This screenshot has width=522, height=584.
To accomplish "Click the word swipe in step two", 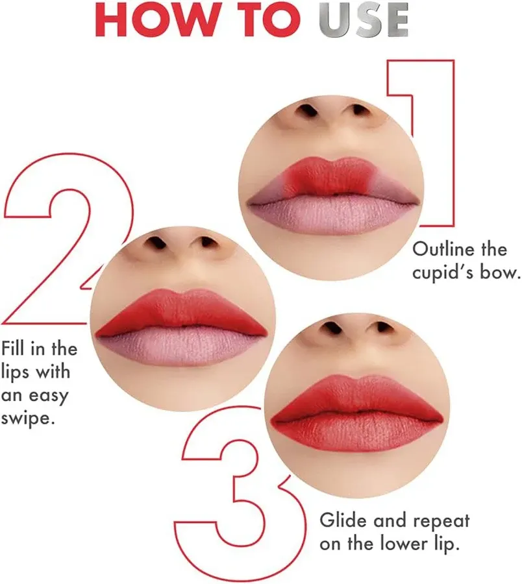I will pyautogui.click(x=27, y=417).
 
